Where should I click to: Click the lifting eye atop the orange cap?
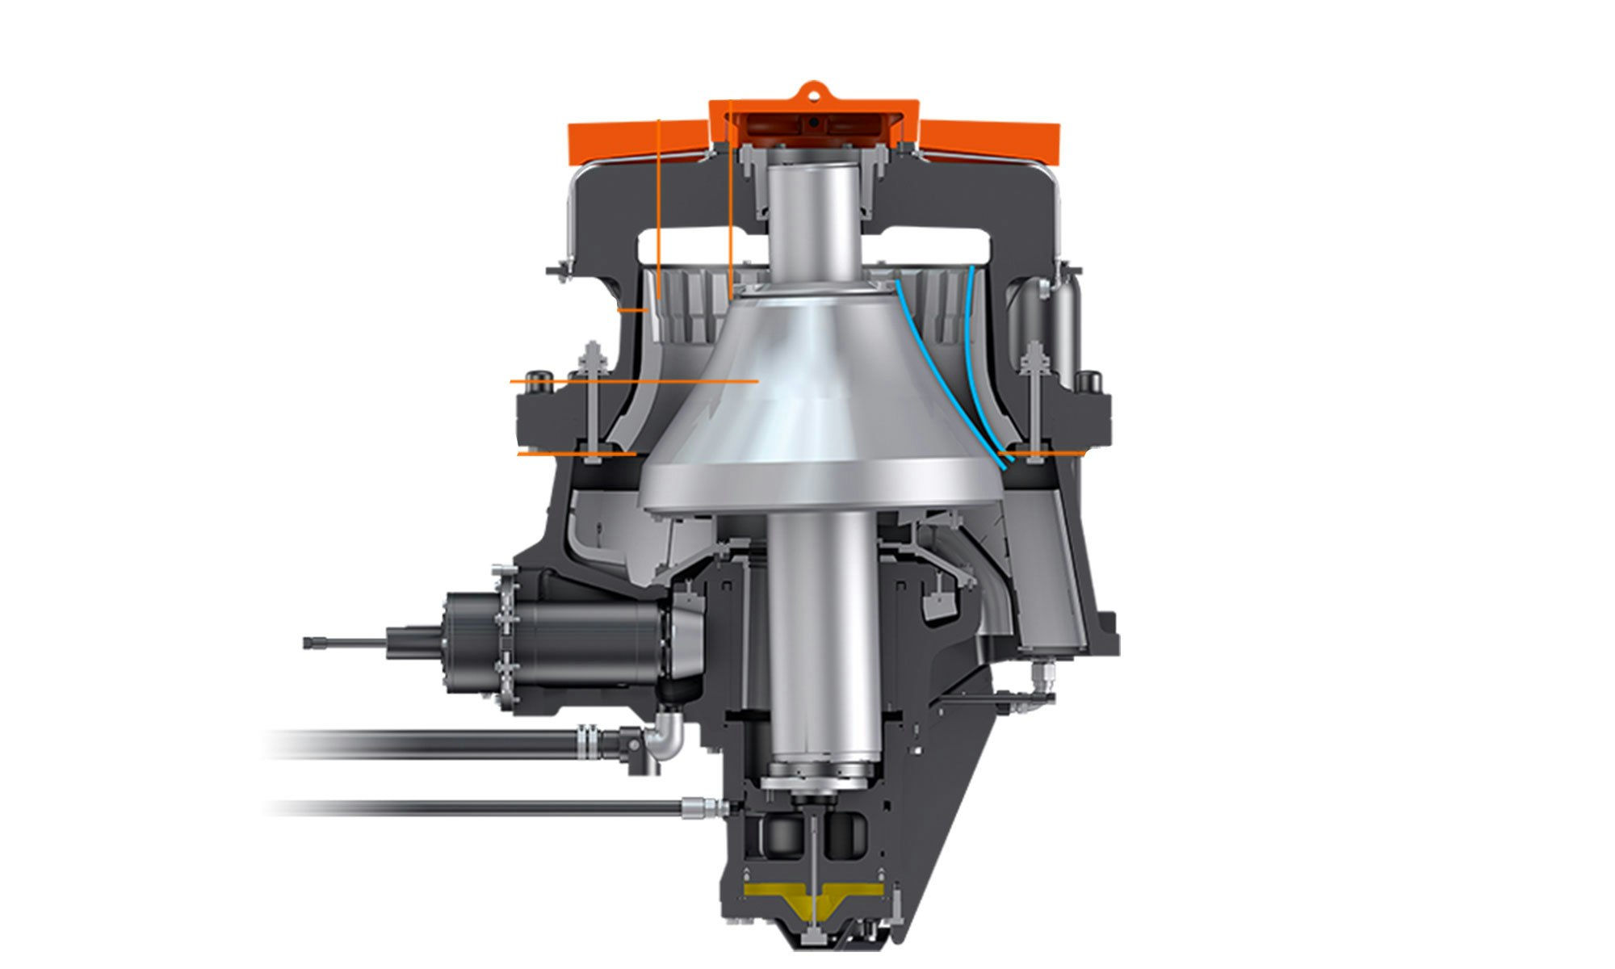coord(813,90)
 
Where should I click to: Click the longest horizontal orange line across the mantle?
coord(634,380)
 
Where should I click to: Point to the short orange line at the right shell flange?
coord(1046,454)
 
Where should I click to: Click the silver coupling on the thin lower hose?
coord(699,806)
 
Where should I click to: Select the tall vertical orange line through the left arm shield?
coord(659,210)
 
